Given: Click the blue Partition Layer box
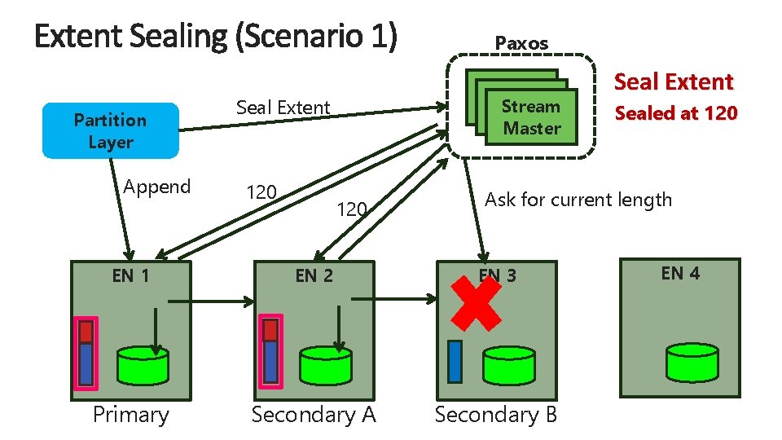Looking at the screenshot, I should point(110,130).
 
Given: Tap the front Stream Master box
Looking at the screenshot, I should point(531,117).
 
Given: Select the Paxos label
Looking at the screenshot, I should point(521,43).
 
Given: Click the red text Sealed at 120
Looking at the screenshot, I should point(675,113).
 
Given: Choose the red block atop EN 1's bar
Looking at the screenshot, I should point(86,331).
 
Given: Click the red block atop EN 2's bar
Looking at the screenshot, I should point(270,331).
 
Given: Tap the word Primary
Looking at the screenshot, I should point(130,415).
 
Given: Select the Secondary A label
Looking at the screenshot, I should point(314,415).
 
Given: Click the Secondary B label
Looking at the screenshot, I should point(496,415).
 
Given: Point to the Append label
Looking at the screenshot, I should point(156,187).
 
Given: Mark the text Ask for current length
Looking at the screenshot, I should point(578,200).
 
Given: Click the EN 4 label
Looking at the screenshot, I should point(680,273).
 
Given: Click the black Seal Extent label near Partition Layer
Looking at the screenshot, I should point(283,108).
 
